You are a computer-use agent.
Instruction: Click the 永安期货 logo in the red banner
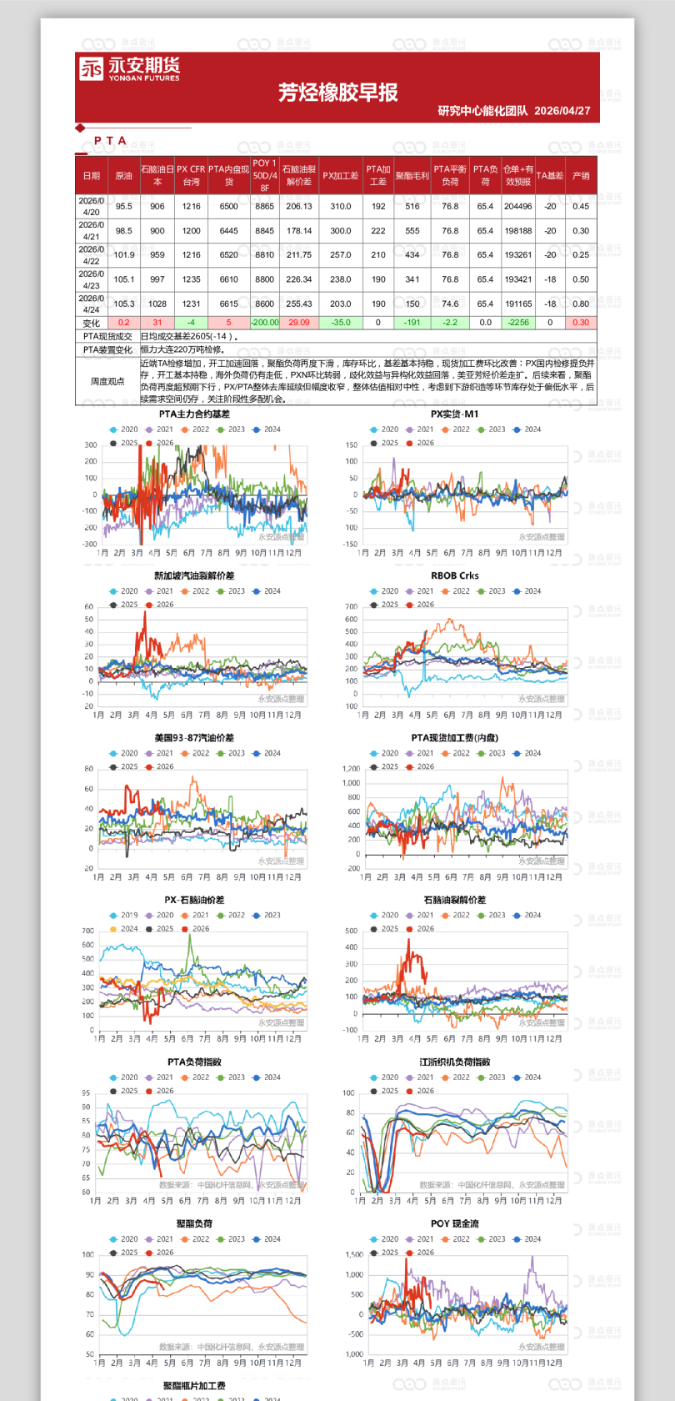tap(129, 68)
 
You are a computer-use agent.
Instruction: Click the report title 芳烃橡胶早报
tap(337, 93)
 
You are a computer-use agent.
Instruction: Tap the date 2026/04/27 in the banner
tap(562, 111)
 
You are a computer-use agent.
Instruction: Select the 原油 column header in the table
tap(123, 176)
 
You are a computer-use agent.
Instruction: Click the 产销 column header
tap(581, 176)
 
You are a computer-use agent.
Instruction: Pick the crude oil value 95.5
tap(123, 206)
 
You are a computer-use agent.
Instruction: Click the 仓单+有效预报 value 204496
tap(517, 206)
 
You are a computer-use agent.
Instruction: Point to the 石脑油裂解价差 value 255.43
tap(298, 304)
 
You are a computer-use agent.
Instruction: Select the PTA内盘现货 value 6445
tap(228, 231)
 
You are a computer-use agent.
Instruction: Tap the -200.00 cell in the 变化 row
tap(264, 322)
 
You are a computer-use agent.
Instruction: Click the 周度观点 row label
tap(107, 381)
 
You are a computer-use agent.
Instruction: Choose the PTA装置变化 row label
tap(107, 350)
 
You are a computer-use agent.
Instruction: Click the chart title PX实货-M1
tap(454, 414)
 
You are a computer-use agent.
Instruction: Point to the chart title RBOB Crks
tap(454, 576)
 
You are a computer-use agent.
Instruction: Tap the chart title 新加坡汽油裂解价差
tap(194, 576)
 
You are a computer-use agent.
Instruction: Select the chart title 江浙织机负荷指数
tap(454, 1062)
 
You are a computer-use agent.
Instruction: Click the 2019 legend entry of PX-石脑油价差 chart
tap(124, 916)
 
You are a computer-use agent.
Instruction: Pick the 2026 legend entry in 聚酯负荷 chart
tap(160, 1253)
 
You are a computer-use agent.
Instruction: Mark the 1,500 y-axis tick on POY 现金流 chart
tap(354, 1255)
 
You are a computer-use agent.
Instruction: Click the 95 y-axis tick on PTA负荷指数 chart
tap(86, 1093)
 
